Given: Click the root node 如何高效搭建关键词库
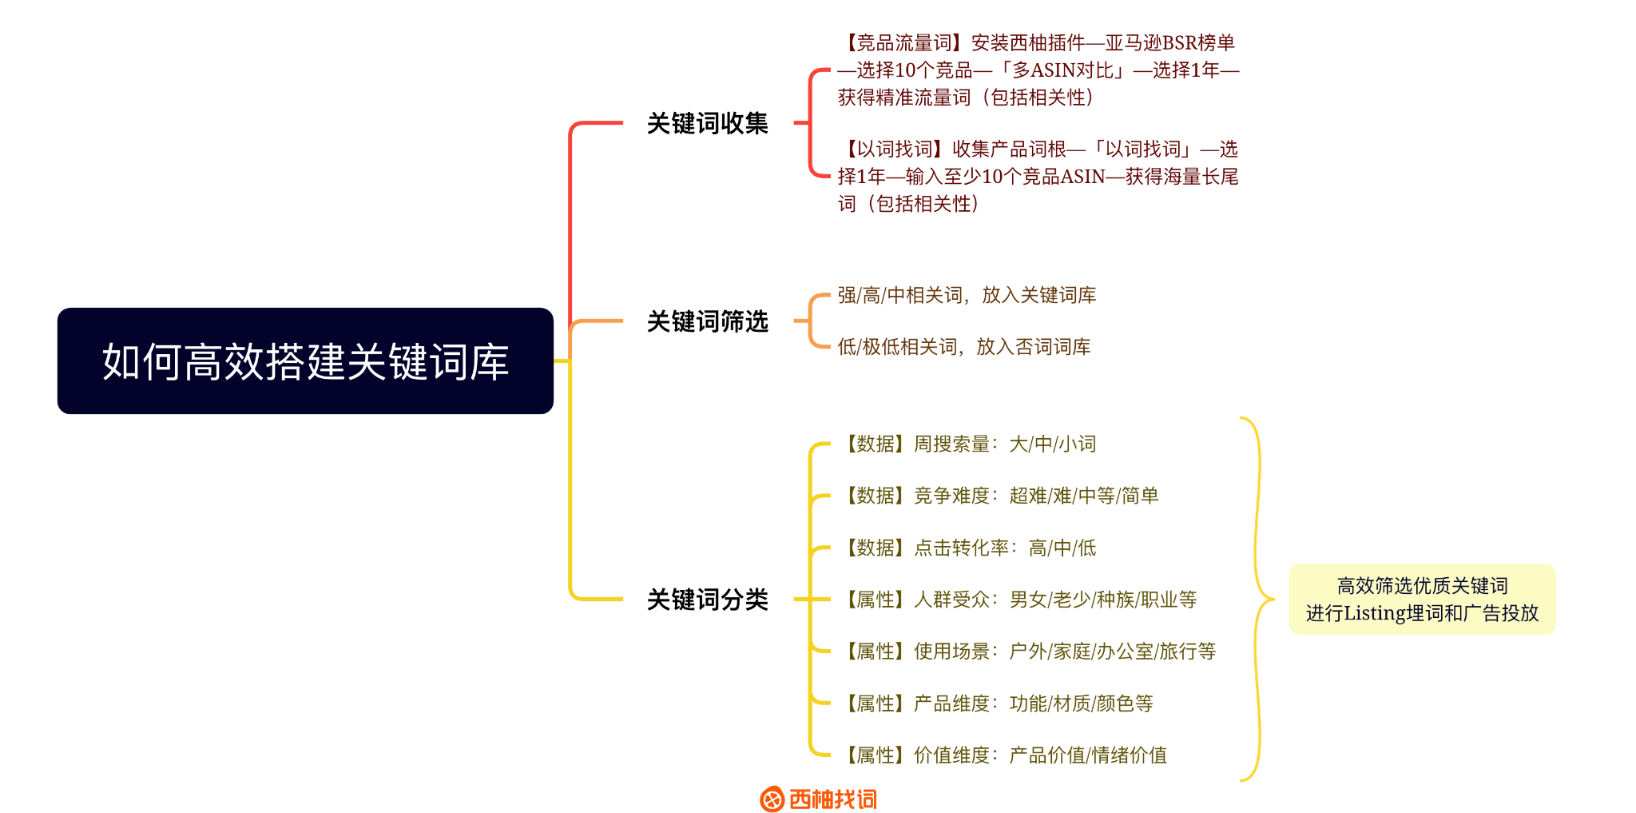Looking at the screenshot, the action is (x=305, y=361).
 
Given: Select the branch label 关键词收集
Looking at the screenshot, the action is (x=707, y=123).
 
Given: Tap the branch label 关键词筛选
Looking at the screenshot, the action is (x=707, y=321).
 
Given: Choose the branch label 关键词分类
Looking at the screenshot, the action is (x=707, y=600).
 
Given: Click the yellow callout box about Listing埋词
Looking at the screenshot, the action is (x=1422, y=600).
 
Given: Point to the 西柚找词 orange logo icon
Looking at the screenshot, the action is (x=772, y=799).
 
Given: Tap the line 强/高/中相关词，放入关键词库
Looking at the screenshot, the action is (x=967, y=296).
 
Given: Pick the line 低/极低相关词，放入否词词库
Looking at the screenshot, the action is (x=963, y=347).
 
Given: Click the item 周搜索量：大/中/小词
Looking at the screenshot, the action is (x=1005, y=444).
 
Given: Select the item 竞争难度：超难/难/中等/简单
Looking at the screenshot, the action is (x=1036, y=496).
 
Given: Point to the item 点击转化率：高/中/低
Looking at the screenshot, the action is (x=1005, y=548).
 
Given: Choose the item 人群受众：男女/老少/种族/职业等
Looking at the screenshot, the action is (x=1054, y=600).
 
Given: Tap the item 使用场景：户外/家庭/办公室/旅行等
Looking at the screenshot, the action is (x=1064, y=652).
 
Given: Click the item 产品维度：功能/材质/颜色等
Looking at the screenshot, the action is (x=1033, y=703).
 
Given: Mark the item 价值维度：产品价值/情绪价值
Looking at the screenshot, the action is (x=1040, y=755).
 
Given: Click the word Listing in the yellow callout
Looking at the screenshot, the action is (x=1375, y=613).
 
